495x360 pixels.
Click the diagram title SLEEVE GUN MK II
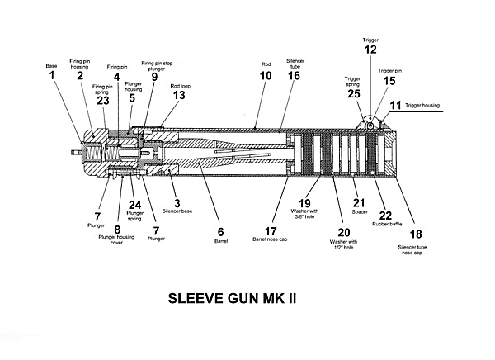(x=232, y=298)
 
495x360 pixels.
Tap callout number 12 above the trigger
(x=370, y=50)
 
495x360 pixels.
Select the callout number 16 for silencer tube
(x=294, y=76)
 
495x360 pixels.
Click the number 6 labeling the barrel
(x=220, y=232)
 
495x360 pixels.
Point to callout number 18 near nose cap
(x=416, y=234)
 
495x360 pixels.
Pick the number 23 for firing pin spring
(x=103, y=101)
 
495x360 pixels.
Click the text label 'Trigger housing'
(x=422, y=105)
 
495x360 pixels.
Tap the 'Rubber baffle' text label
(x=387, y=224)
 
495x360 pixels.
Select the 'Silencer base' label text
(x=177, y=211)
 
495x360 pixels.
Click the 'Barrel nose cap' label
(x=270, y=239)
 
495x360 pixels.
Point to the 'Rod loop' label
(x=181, y=86)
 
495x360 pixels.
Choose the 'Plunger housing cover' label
(x=116, y=240)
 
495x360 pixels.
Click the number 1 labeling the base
(x=51, y=76)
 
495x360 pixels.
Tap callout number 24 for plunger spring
(x=134, y=205)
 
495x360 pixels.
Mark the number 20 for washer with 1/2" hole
(x=344, y=233)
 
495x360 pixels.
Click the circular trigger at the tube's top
(x=370, y=122)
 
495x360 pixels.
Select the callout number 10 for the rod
(x=266, y=76)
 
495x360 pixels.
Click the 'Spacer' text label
(x=360, y=212)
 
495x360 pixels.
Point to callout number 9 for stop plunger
(x=154, y=77)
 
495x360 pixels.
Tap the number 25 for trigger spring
(x=354, y=94)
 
